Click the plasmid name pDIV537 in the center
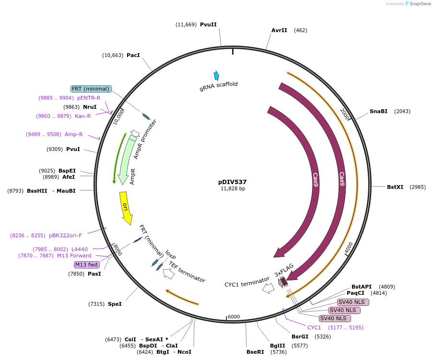[x=232, y=182]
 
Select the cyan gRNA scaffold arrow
[x=217, y=75]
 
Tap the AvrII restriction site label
[x=279, y=30]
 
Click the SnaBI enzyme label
[x=378, y=111]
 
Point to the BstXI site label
[x=395, y=187]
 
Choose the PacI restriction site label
[x=133, y=55]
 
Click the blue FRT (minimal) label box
[x=91, y=89]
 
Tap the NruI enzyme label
[x=90, y=107]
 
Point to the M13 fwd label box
[x=87, y=265]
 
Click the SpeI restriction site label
[x=115, y=304]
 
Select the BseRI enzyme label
[x=255, y=352]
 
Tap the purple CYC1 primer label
[x=314, y=327]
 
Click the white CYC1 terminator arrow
[x=268, y=288]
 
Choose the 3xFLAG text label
[x=284, y=269]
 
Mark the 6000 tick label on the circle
[x=234, y=317]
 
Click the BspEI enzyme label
[x=67, y=171]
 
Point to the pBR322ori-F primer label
[x=65, y=235]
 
